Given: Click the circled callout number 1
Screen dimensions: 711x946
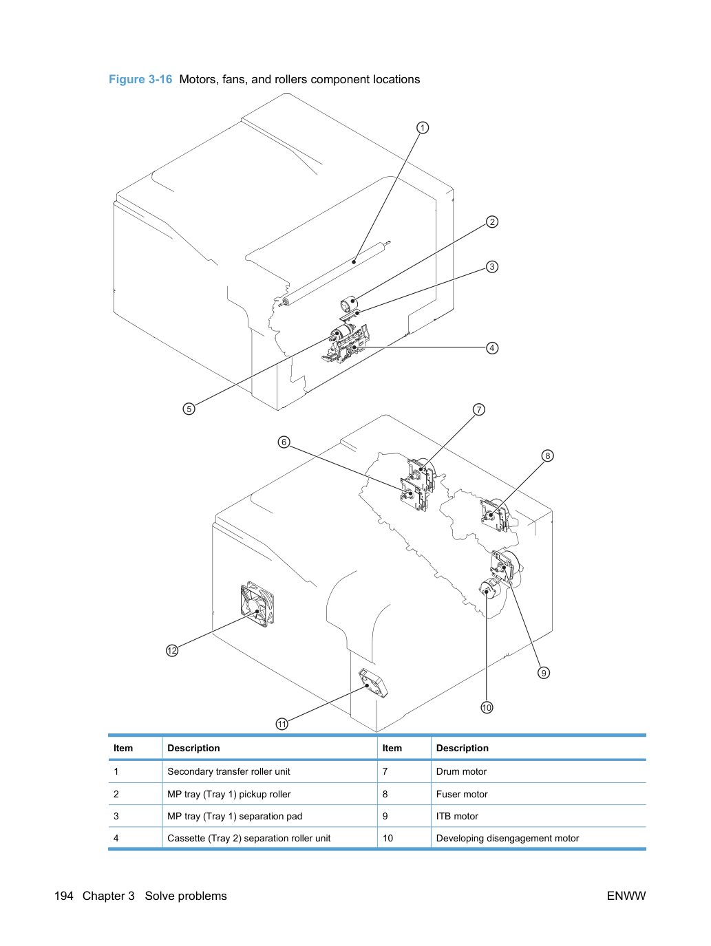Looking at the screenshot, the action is (422, 127).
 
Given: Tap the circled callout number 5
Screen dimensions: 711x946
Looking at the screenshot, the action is (189, 409).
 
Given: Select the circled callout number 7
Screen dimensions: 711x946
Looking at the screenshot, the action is (478, 409).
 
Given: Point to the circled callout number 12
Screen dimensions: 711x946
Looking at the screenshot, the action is (172, 650).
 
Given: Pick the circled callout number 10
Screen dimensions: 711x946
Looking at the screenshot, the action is (487, 707).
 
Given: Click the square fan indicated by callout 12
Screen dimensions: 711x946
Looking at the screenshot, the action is (257, 604).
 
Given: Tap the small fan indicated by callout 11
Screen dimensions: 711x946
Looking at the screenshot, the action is (373, 683).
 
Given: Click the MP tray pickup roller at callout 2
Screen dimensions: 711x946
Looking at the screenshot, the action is (349, 305).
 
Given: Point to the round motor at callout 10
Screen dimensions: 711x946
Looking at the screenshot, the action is (489, 589).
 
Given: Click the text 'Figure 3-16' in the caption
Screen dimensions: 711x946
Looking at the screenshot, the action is (140, 79).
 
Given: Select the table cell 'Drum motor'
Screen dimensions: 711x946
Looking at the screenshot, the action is (461, 771).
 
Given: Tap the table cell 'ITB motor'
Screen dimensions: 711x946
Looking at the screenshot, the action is (457, 816).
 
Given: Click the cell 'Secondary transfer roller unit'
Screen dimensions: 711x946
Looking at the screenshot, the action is (229, 771).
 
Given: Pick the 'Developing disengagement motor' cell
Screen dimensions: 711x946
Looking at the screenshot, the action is (507, 838).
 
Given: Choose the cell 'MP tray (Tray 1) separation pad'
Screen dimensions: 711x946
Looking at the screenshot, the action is (235, 816).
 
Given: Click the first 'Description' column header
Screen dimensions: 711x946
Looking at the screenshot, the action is (193, 748).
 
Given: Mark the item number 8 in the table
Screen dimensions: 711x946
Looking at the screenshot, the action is (385, 794).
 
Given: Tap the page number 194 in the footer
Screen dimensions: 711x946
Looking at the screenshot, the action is (64, 896).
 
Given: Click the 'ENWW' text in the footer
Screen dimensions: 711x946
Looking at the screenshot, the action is (626, 896).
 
